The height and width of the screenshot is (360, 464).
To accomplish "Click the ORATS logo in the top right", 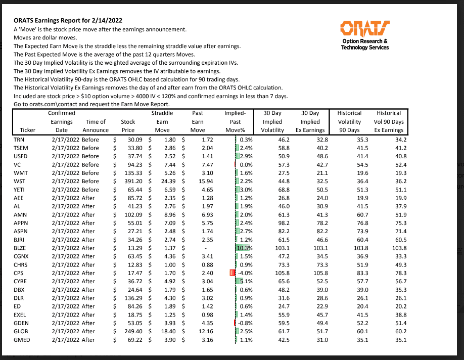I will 365,27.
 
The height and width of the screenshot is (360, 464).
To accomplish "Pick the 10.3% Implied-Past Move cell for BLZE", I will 243,248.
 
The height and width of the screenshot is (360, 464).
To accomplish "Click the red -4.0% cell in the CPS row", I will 244,273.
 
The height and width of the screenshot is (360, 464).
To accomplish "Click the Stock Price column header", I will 128,125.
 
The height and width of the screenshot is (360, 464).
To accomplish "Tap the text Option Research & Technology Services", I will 365,44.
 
